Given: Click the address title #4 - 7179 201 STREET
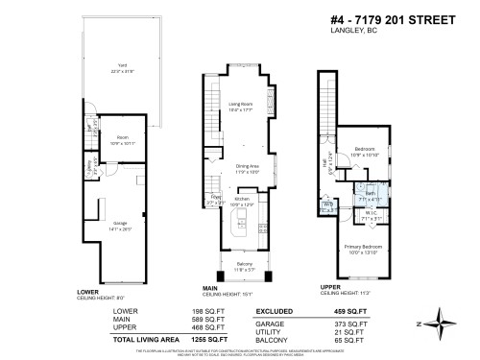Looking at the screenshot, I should point(392,21).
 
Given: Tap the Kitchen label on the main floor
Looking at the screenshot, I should point(243,200).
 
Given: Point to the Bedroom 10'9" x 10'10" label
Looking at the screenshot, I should point(365,151).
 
